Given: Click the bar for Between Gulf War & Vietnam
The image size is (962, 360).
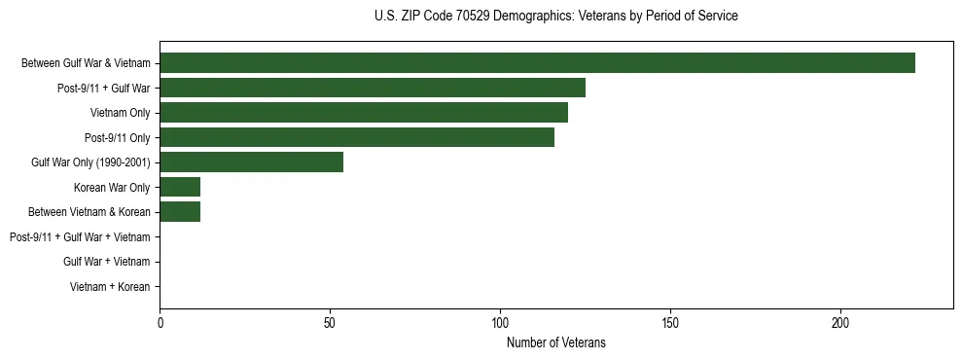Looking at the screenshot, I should [x=537, y=63].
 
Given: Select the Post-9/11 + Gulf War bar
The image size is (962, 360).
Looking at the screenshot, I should [x=373, y=89].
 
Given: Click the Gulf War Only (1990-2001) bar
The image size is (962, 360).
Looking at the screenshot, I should [x=251, y=162].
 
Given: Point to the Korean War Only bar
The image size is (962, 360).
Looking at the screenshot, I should [x=180, y=187].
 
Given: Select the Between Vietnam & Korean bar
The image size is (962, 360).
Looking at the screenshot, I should [x=180, y=212].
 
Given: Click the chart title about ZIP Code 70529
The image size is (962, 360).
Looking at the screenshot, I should [x=555, y=17].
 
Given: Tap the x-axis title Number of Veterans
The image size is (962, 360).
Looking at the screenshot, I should [x=555, y=342].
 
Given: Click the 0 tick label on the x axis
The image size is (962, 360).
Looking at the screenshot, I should [x=160, y=322].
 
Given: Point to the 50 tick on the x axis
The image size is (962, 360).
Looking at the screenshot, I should [x=330, y=322].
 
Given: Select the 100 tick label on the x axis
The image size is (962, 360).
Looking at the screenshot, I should [x=500, y=322].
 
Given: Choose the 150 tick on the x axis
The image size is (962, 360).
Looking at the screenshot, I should [x=670, y=322].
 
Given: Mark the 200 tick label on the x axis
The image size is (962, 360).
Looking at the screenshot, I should [x=840, y=322].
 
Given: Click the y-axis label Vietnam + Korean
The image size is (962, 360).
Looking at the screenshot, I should [x=110, y=286].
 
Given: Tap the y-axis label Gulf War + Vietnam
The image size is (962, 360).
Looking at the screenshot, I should [x=107, y=262].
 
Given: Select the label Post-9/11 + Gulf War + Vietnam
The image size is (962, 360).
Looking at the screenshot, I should [x=80, y=236].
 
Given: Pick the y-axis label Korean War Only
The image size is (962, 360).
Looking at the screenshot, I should [x=112, y=187].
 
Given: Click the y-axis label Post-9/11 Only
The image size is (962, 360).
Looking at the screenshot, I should [x=118, y=137].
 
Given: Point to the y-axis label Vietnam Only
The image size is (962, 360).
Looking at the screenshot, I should [x=121, y=113].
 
